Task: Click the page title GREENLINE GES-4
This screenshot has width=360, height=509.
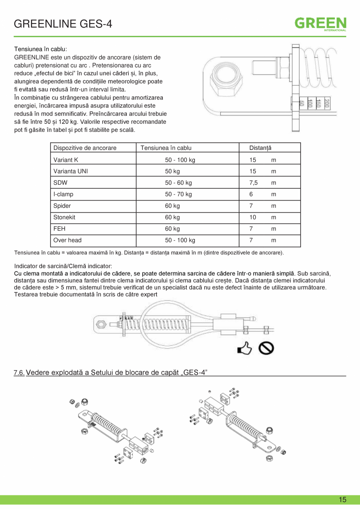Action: coord(63,24)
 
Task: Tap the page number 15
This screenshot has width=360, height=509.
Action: coord(342,500)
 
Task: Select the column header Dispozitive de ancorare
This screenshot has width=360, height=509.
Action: coord(85,148)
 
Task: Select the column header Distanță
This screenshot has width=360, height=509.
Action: coord(260,148)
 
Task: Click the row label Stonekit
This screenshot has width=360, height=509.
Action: coord(64,217)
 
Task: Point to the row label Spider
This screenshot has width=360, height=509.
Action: coord(62,206)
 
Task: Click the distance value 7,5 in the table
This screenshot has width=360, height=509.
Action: coord(253,183)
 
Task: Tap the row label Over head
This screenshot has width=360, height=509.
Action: coord(67,240)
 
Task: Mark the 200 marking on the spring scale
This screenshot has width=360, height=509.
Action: coord(326,103)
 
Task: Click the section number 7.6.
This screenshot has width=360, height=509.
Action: coord(19,372)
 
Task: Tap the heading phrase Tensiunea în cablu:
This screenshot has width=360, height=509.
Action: coord(41,49)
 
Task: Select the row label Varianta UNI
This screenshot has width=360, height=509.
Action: coord(70,171)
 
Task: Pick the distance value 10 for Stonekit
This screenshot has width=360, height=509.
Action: coord(253,217)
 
